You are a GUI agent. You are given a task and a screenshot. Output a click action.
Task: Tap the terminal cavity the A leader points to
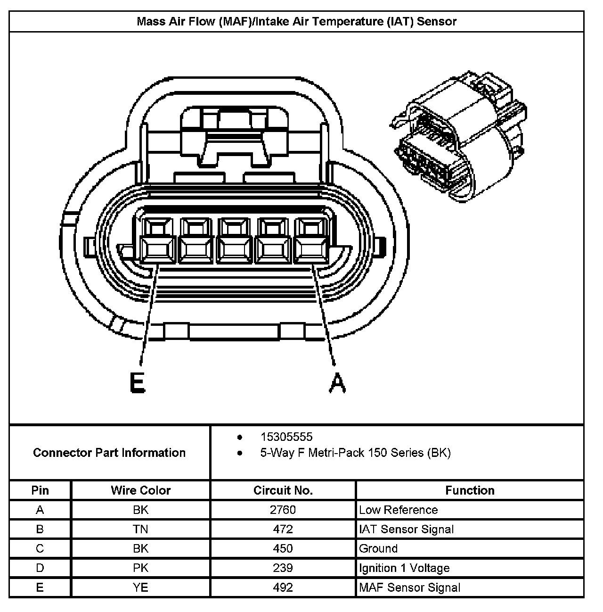310,240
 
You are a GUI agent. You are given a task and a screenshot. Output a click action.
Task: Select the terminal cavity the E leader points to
157,240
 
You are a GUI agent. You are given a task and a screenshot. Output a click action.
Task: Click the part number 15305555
286,437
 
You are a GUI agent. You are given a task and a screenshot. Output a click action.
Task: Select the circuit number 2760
283,510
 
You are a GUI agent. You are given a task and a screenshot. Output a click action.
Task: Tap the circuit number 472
283,529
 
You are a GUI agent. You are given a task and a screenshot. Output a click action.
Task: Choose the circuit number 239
283,568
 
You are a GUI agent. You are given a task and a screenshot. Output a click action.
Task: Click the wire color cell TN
140,529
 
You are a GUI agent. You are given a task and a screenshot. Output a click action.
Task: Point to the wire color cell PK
140,568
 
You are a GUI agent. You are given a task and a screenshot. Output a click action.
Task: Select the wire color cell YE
140,587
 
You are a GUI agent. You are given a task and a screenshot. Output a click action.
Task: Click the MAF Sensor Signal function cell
409,587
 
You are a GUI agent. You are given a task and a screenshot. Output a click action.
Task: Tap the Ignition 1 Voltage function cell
404,568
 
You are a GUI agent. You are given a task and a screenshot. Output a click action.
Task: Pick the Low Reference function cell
398,510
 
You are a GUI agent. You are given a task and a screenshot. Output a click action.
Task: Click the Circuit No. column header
283,490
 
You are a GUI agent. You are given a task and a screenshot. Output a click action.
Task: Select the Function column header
470,490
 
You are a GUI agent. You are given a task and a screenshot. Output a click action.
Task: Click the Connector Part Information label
109,453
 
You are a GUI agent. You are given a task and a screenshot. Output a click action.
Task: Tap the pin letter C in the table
40,548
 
